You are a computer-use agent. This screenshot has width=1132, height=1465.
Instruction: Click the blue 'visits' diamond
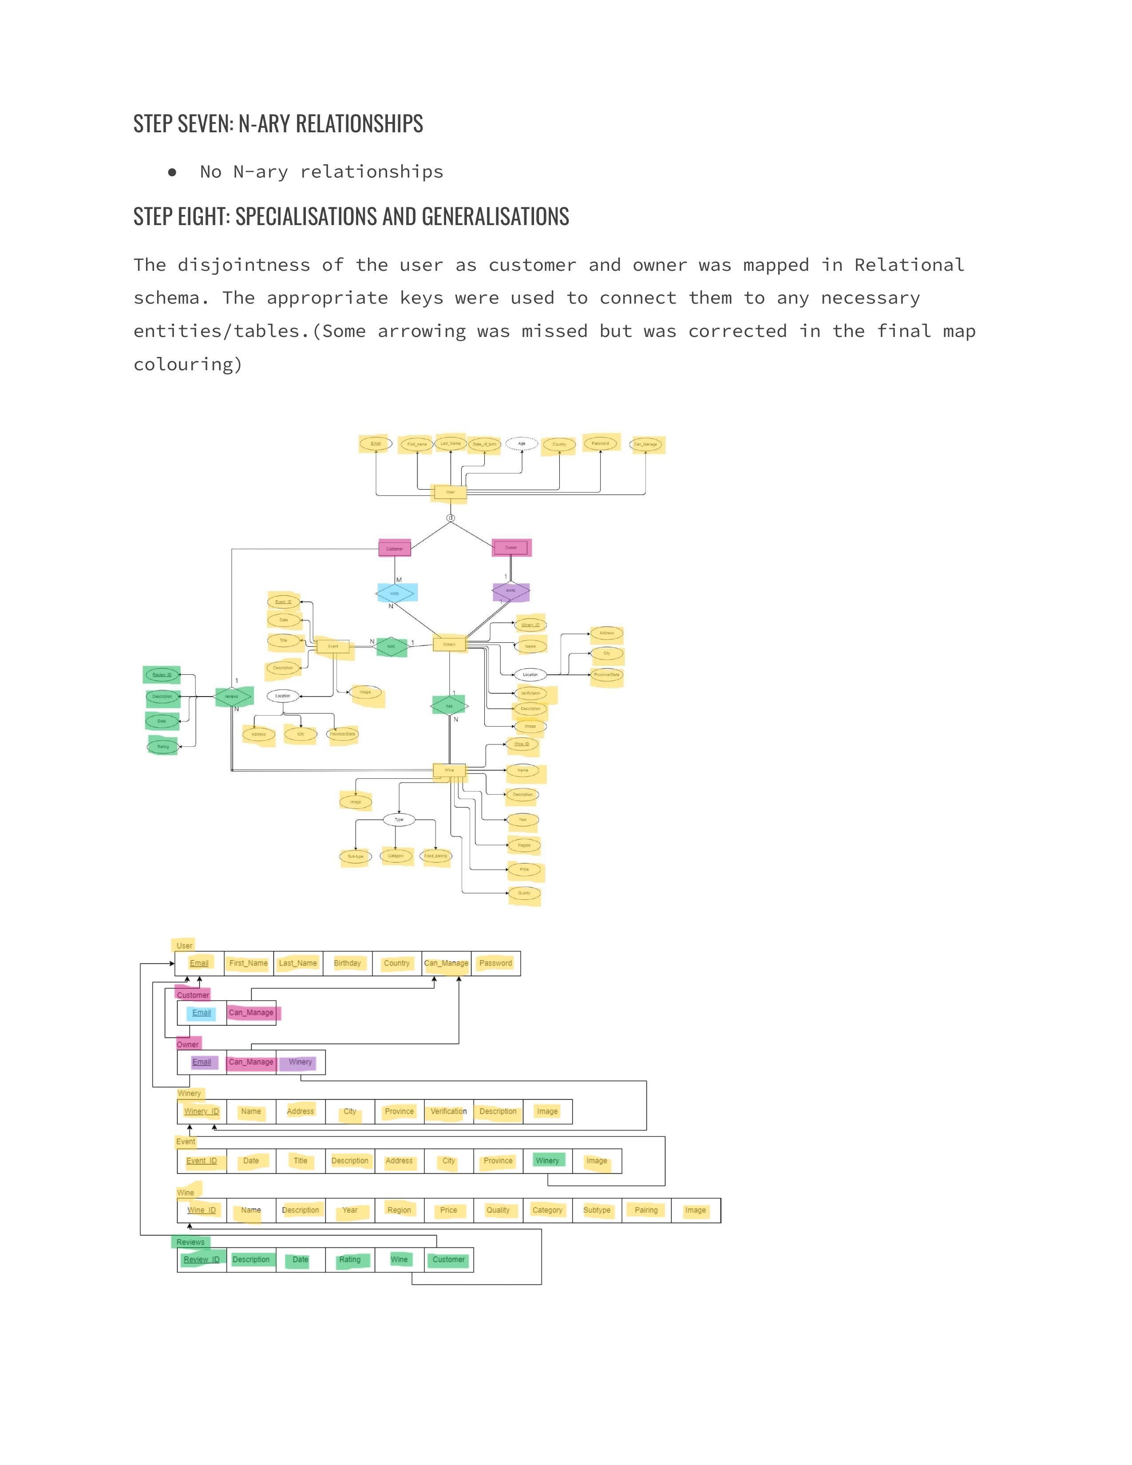[x=395, y=593]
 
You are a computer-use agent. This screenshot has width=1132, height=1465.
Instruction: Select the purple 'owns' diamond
[x=511, y=591]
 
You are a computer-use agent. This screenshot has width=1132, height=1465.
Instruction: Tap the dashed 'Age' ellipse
[x=522, y=443]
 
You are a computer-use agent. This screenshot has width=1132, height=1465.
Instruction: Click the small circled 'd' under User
[x=451, y=518]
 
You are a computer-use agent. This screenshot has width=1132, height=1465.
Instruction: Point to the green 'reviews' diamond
[x=232, y=696]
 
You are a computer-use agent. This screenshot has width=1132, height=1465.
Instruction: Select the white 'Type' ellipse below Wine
[x=399, y=820]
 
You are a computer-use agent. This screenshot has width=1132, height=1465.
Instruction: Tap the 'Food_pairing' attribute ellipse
[x=436, y=856]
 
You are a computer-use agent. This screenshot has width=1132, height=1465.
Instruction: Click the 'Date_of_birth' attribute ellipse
[x=484, y=444]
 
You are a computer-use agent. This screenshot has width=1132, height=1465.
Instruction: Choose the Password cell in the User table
[x=495, y=963]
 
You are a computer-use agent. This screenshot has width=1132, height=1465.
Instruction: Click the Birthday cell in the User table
[x=348, y=963]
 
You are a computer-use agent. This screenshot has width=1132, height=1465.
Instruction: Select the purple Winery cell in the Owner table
[x=301, y=1062]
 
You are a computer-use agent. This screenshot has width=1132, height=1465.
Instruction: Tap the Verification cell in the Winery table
[x=449, y=1112]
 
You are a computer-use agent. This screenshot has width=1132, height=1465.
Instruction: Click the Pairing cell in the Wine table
[x=646, y=1210]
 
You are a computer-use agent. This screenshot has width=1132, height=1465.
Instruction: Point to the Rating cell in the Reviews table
[x=350, y=1260]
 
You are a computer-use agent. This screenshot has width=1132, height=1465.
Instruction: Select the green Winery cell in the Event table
[x=547, y=1160]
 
